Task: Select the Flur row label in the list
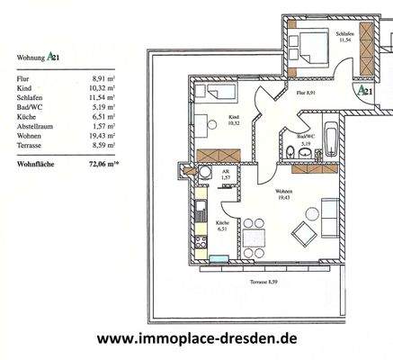point(22,79)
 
